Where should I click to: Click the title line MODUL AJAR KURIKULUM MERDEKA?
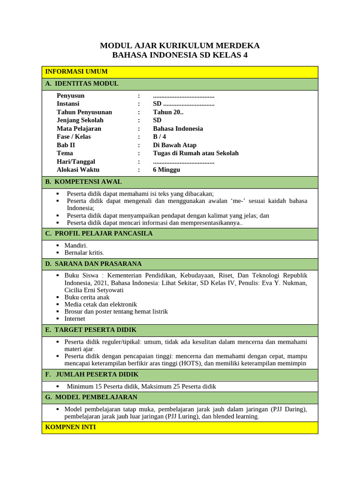pos(180,45)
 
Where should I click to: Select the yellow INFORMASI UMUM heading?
pos(76,72)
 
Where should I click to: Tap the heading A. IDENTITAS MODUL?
pos(82,84)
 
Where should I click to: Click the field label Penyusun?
pos(71,96)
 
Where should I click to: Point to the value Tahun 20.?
pos(168,112)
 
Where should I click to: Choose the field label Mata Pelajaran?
pos(79,128)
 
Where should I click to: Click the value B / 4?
pos(159,137)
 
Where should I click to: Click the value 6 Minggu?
pos(166,170)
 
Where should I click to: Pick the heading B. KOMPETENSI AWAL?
pos(83,182)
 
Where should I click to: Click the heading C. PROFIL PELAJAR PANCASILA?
pos(99,233)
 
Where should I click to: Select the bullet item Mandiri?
pos(76,245)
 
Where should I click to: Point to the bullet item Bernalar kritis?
pos(84,253)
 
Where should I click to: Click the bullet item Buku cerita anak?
pos(87,297)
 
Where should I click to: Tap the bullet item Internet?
pos(75,319)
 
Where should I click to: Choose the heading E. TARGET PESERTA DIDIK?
pos(91,330)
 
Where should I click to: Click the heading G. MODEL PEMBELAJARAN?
pos(91,397)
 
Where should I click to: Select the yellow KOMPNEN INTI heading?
pos(71,427)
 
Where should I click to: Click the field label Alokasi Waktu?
pos(78,170)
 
